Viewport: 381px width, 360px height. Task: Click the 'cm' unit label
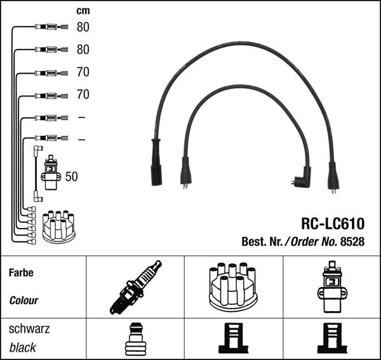83,11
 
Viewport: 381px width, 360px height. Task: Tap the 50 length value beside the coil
71,177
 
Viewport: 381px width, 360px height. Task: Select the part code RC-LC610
333,223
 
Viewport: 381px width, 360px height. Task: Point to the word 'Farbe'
21,272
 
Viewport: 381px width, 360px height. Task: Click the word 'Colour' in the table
24,300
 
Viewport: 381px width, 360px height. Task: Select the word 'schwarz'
29,329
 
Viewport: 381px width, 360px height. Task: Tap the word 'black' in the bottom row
23,347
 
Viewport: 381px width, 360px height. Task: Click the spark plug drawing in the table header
135,288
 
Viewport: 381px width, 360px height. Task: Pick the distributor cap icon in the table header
233,287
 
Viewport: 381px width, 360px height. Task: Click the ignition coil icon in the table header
332,286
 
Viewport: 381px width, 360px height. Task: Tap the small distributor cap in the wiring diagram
59,227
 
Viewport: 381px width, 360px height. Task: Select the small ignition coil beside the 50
51,172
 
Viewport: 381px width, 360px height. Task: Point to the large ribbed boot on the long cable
156,163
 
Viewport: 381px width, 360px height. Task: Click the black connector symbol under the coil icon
332,338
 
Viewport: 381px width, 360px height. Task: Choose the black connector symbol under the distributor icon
233,338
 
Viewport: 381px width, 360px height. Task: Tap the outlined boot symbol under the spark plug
136,339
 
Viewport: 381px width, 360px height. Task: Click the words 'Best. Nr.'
262,241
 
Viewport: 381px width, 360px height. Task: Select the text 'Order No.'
314,241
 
